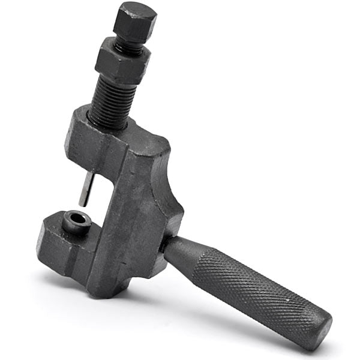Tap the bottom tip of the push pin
(x=83, y=204)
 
